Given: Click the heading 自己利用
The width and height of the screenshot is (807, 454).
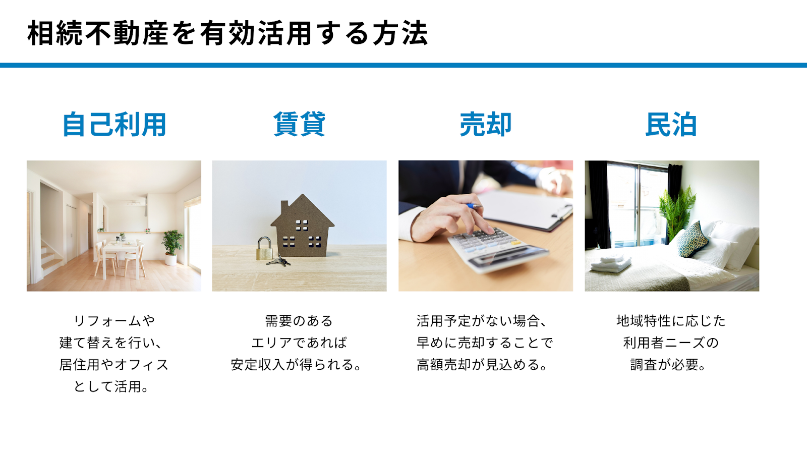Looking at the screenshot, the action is click(114, 125).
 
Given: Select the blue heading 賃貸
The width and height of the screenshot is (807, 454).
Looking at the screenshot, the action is click(300, 124).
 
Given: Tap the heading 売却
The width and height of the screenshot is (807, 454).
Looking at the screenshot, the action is click(486, 125).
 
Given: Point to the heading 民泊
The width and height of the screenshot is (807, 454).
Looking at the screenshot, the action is click(671, 125).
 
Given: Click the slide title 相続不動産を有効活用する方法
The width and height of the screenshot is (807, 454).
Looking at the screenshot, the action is click(227, 33).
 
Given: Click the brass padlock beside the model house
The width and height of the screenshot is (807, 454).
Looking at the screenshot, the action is click(264, 248).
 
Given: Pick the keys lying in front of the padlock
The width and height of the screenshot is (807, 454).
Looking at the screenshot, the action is click(279, 261).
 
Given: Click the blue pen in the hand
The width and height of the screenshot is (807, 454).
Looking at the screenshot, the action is click(474, 206).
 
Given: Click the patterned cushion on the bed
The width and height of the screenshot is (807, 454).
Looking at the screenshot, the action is click(692, 239).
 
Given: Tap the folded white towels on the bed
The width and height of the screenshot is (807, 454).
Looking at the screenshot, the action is click(611, 263).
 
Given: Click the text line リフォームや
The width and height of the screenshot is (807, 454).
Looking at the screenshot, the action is click(114, 320).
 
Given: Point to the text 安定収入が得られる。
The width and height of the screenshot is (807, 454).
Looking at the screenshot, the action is click(296, 365).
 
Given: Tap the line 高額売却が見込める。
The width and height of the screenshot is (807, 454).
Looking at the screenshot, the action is click(482, 365).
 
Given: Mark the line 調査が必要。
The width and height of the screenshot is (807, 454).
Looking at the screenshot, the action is click(668, 365).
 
